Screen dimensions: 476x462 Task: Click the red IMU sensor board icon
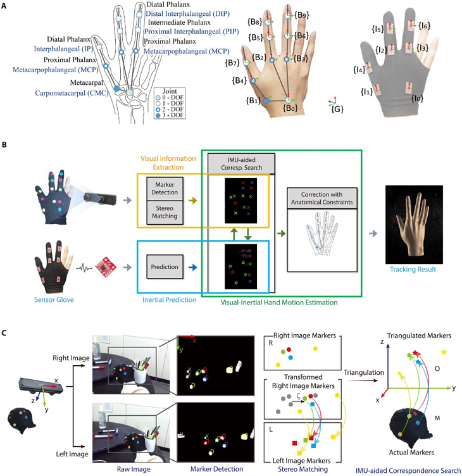[x=106, y=260]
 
